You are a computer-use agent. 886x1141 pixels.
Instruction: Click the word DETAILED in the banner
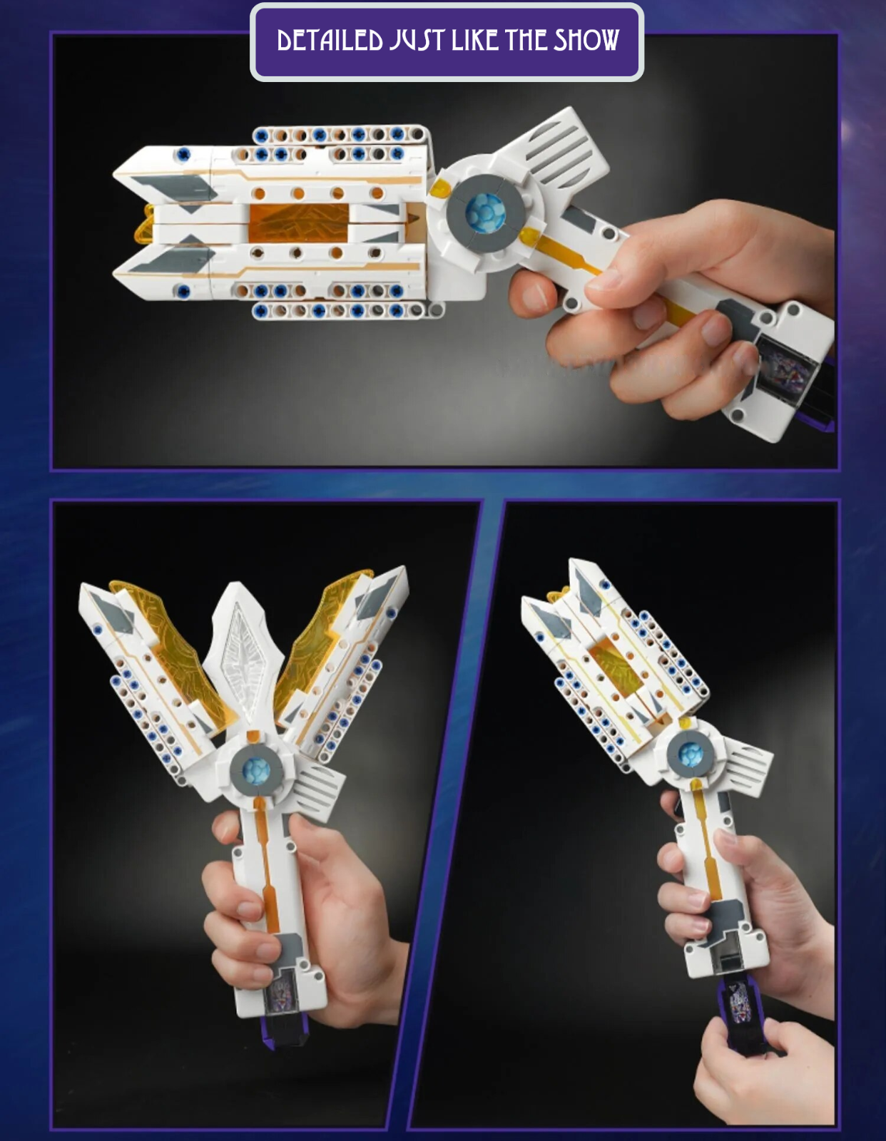click(x=330, y=41)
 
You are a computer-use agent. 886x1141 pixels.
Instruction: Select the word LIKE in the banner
click(x=475, y=41)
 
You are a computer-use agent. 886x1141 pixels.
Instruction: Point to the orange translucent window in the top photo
click(x=298, y=222)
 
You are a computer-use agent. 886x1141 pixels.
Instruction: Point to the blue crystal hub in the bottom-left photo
click(x=256, y=772)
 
